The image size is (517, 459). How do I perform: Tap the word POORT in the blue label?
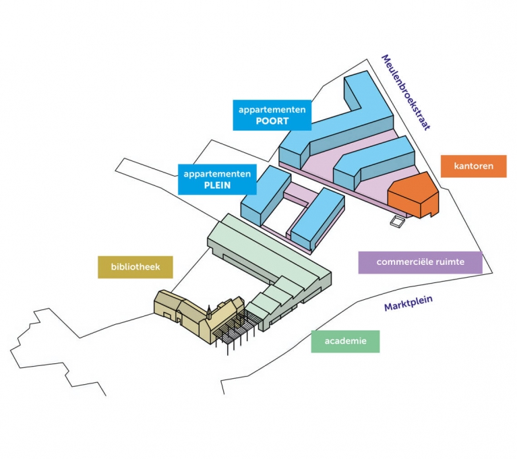272,121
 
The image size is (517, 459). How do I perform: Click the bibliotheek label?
135,267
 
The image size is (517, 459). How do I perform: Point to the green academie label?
345,341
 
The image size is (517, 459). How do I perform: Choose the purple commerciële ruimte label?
420,262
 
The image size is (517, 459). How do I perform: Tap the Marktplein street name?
408,304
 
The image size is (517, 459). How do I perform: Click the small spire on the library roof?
209,311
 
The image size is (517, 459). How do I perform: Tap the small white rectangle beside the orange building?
398,220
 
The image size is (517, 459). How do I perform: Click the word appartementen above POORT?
272,109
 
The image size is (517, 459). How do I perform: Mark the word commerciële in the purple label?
402,262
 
